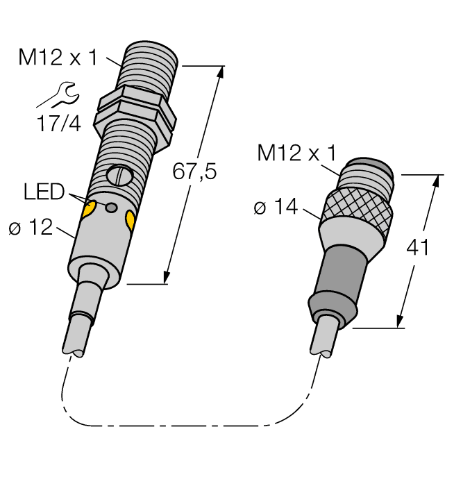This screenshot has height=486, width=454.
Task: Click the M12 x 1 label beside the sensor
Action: (58, 58)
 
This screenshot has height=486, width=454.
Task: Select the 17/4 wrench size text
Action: (58, 124)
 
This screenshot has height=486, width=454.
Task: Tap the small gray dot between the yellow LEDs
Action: (110, 207)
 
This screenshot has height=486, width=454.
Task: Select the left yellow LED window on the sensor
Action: (89, 210)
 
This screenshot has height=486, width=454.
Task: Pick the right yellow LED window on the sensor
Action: (130, 221)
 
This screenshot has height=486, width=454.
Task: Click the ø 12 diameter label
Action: (31, 227)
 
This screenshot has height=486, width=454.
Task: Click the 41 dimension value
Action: (417, 248)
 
